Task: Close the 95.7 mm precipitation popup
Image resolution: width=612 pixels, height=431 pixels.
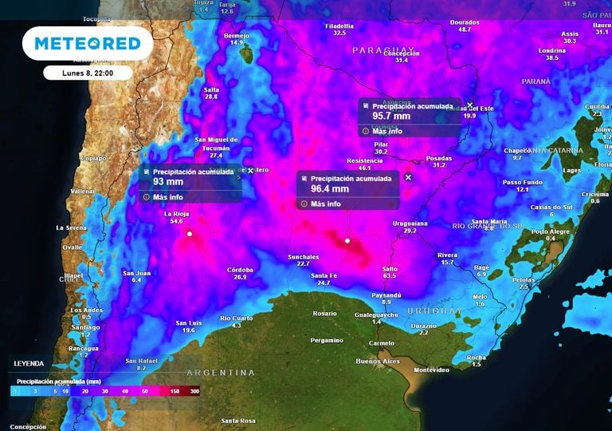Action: coord(470,105)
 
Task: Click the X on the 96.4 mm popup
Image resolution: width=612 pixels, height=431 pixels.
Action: coord(409,177)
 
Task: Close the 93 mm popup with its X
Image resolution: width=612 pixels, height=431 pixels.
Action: coord(250,170)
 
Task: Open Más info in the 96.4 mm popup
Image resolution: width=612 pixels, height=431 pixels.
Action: coord(325,204)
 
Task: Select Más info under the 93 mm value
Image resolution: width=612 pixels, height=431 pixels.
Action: coord(167,196)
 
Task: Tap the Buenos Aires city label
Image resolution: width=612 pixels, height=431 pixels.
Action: coord(378,362)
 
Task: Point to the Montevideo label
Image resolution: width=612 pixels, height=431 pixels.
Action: coord(432,370)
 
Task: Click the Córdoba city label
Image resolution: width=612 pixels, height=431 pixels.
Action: coord(240,270)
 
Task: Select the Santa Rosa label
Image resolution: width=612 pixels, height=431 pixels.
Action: coord(237,421)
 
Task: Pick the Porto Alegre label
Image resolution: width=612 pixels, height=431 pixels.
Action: coord(551,231)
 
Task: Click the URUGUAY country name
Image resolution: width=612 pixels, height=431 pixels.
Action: coord(435,310)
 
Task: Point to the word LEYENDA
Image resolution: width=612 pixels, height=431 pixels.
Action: coord(29,363)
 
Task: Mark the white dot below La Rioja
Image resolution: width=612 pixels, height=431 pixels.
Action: coord(190,234)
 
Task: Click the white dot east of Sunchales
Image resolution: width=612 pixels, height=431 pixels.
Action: coord(347,240)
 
